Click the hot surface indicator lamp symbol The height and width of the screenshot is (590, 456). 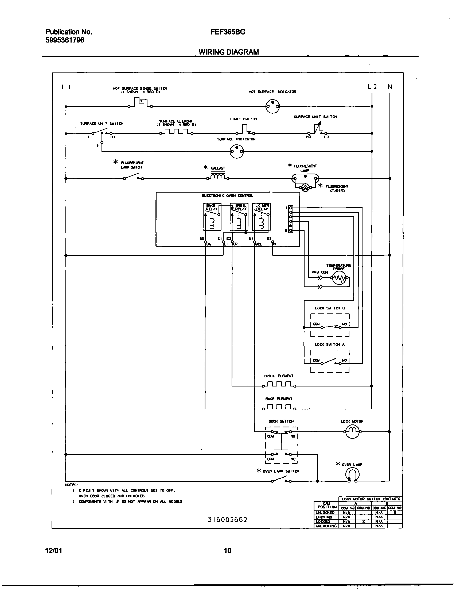pyautogui.click(x=272, y=106)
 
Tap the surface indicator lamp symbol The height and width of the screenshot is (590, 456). pyautogui.click(x=237, y=151)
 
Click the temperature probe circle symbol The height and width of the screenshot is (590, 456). pyautogui.click(x=339, y=278)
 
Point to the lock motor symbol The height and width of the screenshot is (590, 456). pyautogui.click(x=352, y=431)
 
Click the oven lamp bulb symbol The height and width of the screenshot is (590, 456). pyautogui.click(x=352, y=474)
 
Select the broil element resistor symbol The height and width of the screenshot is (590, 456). pyautogui.click(x=279, y=384)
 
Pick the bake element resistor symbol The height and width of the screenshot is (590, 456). pyautogui.click(x=279, y=407)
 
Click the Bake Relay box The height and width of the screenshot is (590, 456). pyautogui.click(x=212, y=217)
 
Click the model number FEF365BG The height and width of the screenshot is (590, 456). pyautogui.click(x=228, y=32)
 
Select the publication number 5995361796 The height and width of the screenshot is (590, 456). pyautogui.click(x=65, y=40)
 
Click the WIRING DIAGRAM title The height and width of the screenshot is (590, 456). pyautogui.click(x=229, y=52)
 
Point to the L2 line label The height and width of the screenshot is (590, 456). pyautogui.click(x=372, y=87)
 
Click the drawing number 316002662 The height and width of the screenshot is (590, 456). pyautogui.click(x=227, y=519)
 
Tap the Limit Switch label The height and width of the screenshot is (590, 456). pyautogui.click(x=243, y=119)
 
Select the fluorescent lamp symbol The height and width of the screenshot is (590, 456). pyautogui.click(x=305, y=178)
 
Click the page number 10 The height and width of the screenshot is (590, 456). pyautogui.click(x=227, y=551)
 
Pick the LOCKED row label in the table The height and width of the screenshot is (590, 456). pyautogui.click(x=323, y=521)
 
